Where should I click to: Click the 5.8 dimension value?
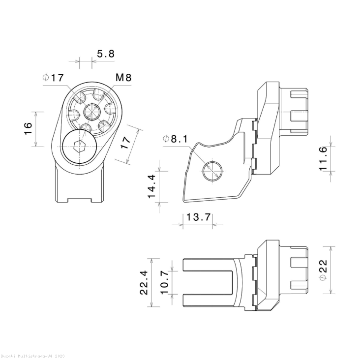tap(105, 54)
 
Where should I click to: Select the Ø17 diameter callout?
tap(53, 78)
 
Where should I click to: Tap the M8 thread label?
tap(123, 78)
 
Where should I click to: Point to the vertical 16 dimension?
tap(29, 129)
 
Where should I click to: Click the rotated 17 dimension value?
tap(126, 143)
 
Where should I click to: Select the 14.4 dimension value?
tap(151, 186)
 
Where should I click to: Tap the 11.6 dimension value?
tap(323, 158)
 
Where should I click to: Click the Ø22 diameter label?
tap(323, 270)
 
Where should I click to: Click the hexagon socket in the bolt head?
tap(77, 146)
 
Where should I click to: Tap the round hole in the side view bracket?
tap(212, 170)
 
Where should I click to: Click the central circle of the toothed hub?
tap(91, 112)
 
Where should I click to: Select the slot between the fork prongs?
tap(207, 283)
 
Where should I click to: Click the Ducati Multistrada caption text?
tap(32, 355)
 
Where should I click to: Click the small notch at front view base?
tap(79, 199)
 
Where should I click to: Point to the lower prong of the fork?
tap(207, 300)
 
